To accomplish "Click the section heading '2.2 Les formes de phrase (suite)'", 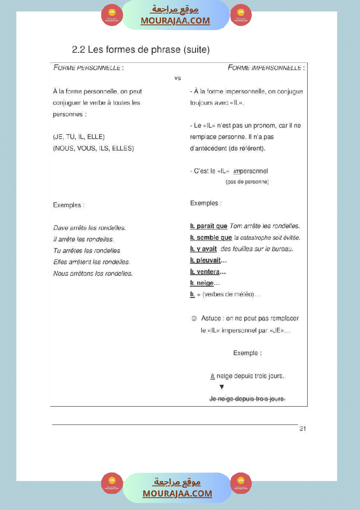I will tap(141, 50).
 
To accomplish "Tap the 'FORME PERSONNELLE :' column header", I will tap(88, 68).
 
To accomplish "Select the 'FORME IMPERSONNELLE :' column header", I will tap(266, 68).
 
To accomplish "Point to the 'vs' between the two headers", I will tap(178, 78).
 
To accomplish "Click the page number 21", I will tap(302, 429).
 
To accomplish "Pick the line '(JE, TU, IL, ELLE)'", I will tap(79, 137).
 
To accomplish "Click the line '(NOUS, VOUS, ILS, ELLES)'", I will tap(93, 148).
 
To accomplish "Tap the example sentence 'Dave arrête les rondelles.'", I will tap(89, 228).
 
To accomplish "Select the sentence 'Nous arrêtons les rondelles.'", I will tap(93, 274).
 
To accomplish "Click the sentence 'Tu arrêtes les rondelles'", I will tap(86, 251).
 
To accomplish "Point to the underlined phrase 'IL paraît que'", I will tap(209, 226).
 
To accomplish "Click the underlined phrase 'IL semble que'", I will tap(211, 238).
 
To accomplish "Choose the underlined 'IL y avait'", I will tap(203, 249).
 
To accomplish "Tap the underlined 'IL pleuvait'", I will tap(206, 260).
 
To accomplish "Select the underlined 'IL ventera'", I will tap(205, 272).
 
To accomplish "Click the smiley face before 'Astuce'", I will tap(194, 318).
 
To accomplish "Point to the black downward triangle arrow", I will tap(222, 387).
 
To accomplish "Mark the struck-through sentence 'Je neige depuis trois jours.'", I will tap(247, 399).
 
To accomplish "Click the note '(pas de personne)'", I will tap(247, 181).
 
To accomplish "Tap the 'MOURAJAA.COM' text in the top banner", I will tap(175, 21).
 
